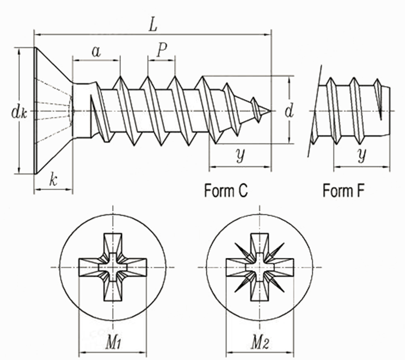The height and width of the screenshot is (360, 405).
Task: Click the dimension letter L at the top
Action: (153, 25)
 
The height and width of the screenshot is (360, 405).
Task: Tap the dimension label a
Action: (96, 52)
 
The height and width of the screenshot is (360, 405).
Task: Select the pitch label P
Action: (162, 49)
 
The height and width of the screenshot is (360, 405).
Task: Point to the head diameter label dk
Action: (19, 113)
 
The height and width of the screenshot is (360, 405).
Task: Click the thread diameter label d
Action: (289, 111)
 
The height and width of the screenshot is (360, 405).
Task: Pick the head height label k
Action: (53, 180)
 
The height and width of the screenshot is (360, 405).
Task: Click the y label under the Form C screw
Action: (240, 155)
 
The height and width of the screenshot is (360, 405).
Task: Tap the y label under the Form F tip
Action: (362, 155)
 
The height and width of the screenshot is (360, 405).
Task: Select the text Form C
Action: (226, 190)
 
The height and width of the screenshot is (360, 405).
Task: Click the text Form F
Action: (343, 190)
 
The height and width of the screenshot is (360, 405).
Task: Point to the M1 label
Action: (114, 343)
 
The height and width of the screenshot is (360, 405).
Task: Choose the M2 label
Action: (261, 343)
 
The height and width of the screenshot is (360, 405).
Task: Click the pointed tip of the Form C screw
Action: (271, 111)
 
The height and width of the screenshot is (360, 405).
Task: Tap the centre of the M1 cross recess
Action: (113, 267)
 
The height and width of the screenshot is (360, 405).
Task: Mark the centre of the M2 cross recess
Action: (260, 267)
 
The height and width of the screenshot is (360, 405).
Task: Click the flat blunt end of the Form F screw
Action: (389, 111)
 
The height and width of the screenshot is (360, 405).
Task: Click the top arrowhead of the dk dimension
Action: (19, 51)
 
